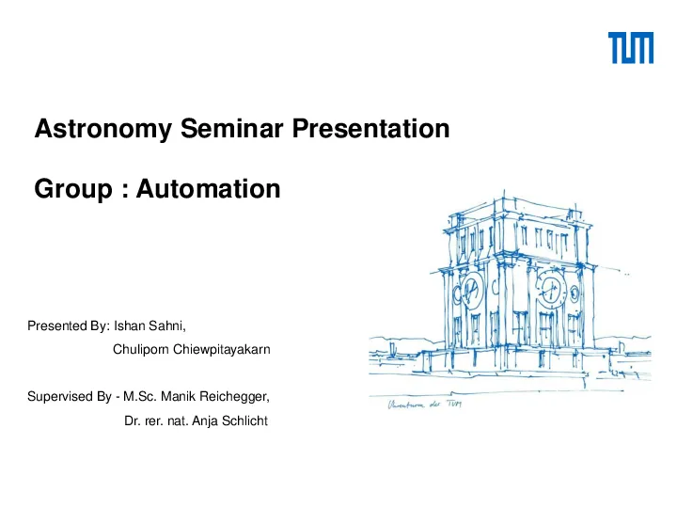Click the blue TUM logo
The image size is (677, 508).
point(631,48)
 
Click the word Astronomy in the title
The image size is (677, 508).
point(103,129)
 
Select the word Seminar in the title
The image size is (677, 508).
point(232,128)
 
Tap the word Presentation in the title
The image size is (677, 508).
point(370,128)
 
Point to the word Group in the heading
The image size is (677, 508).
point(73,190)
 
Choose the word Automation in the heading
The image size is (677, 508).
point(209,189)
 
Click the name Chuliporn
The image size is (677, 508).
point(141,349)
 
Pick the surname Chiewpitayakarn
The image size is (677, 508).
point(222,349)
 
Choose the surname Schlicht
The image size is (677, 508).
point(244,421)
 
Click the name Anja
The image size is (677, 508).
point(205,421)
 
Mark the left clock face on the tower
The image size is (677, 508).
point(471,290)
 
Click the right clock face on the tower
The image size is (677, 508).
point(551,290)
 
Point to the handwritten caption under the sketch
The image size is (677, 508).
point(425,405)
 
